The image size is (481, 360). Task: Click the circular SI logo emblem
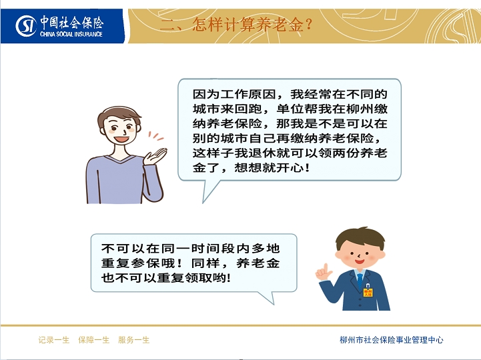tap(26, 26)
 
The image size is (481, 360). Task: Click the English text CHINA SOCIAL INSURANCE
tap(71, 34)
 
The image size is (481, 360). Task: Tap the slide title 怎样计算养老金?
tap(252, 24)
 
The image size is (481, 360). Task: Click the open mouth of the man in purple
tap(122, 139)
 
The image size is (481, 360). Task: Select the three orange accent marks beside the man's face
tap(156, 136)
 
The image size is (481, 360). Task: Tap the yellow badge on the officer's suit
tap(368, 291)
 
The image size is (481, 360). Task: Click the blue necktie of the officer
tap(360, 281)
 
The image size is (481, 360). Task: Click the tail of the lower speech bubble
tap(266, 297)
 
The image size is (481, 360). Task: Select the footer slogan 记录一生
tap(54, 340)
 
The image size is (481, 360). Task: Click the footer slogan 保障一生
tap(94, 340)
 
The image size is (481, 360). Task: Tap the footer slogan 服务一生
tap(133, 340)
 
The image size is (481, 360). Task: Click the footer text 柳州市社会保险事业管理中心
tap(392, 340)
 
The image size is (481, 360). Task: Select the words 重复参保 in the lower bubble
tap(131, 263)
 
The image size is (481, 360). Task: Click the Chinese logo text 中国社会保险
tap(72, 23)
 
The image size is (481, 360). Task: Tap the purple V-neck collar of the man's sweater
tap(120, 159)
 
